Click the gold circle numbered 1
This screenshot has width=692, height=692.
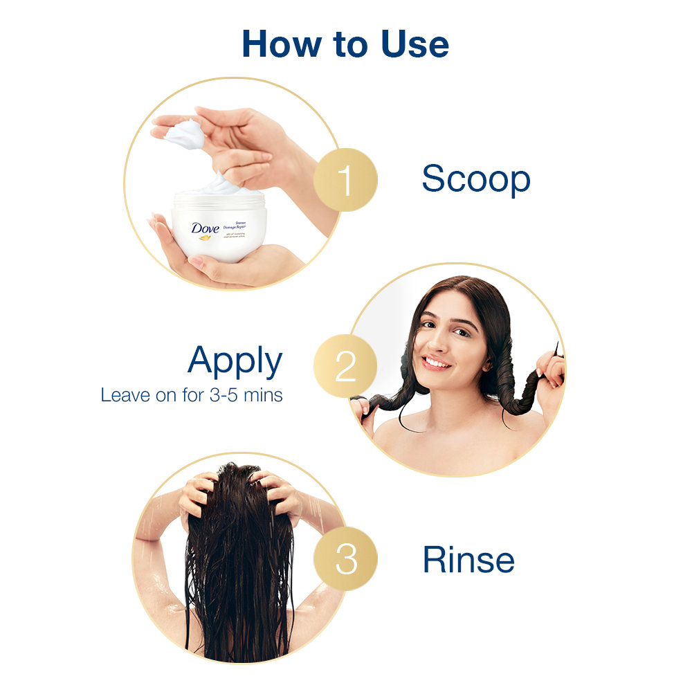pyautogui.click(x=345, y=180)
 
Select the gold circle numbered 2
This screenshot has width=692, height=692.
pyautogui.click(x=345, y=366)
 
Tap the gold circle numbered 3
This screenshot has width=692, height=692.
pyautogui.click(x=345, y=558)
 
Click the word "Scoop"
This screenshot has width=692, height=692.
pyautogui.click(x=475, y=179)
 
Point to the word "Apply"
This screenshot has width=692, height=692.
pyautogui.click(x=235, y=361)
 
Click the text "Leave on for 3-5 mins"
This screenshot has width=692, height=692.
pyautogui.click(x=192, y=396)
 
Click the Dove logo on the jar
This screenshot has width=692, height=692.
pyautogui.click(x=206, y=228)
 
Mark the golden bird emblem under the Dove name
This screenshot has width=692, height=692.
pyautogui.click(x=205, y=238)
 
